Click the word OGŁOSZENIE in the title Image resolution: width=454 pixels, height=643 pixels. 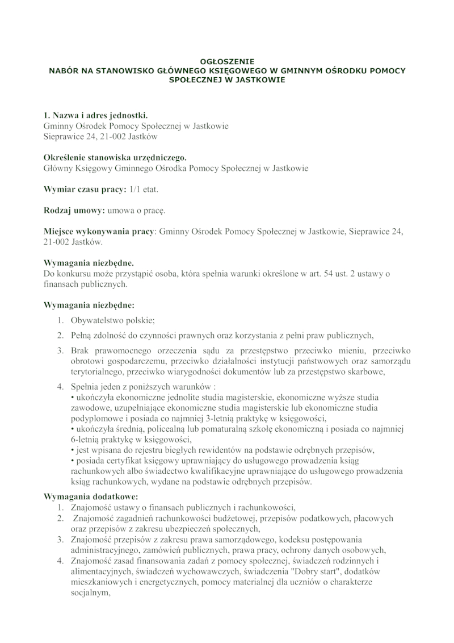coord(227,60)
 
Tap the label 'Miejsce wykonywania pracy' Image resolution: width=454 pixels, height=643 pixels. coord(98,232)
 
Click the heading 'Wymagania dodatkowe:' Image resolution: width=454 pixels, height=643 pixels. coord(87,496)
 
